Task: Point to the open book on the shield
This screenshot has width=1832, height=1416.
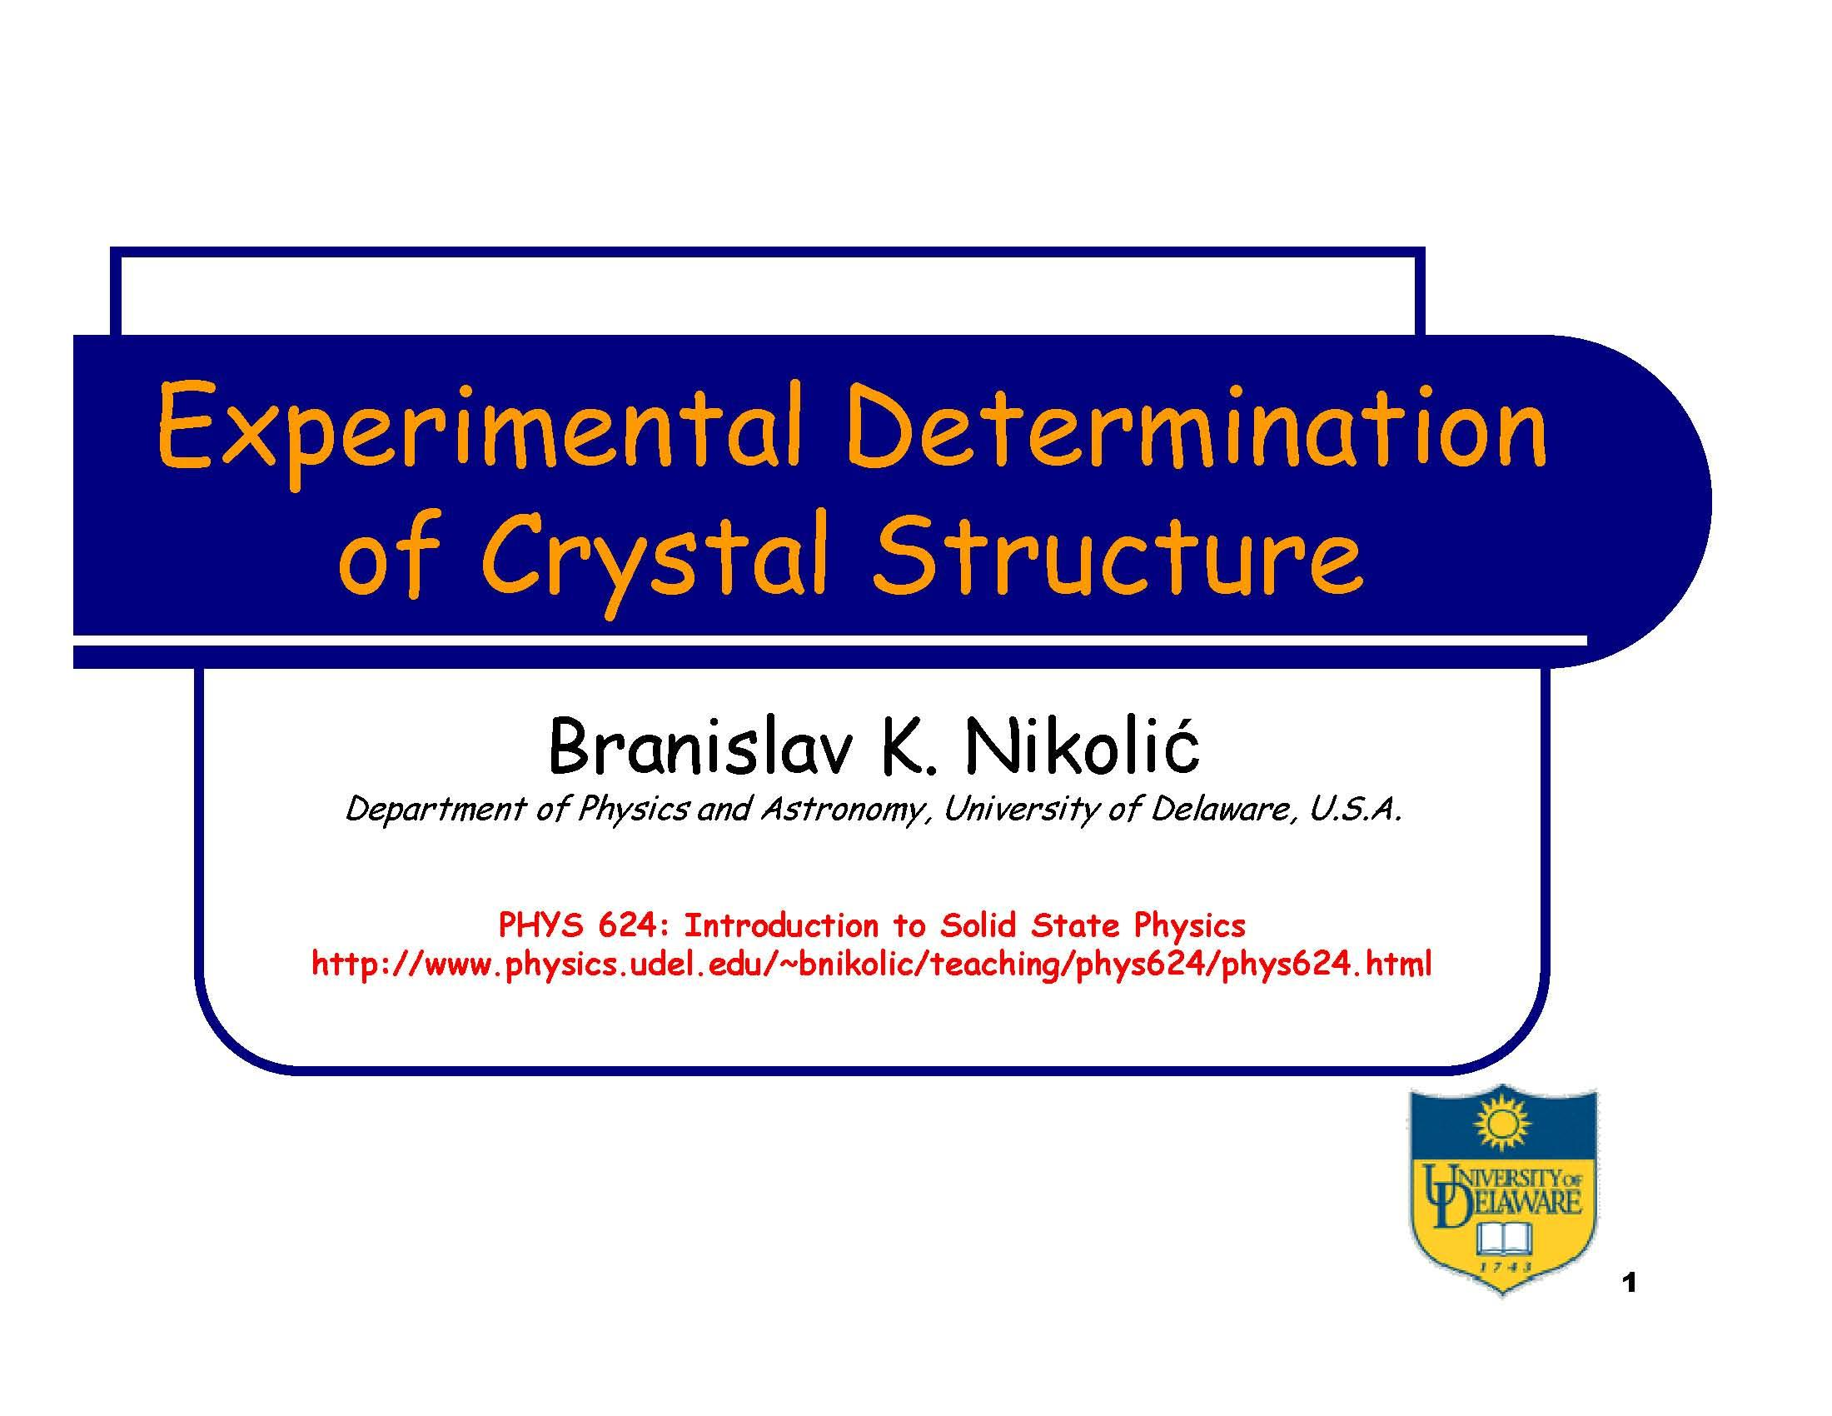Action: coord(1503,1235)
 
